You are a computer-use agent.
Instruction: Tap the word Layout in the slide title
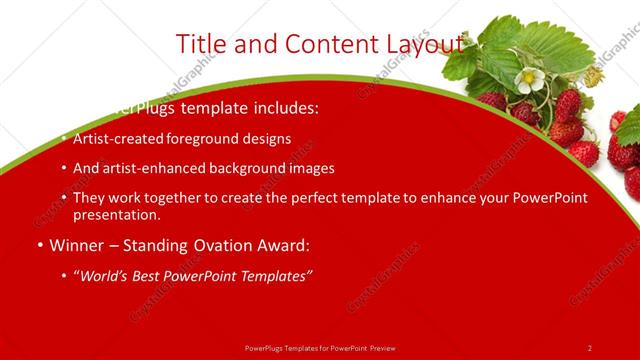click(422, 44)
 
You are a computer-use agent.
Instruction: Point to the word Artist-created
click(115, 138)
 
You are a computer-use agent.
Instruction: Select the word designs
click(266, 138)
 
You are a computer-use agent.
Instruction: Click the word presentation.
click(116, 214)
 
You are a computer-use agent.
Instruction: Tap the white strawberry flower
click(530, 78)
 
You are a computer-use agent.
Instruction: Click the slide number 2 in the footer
click(589, 347)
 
